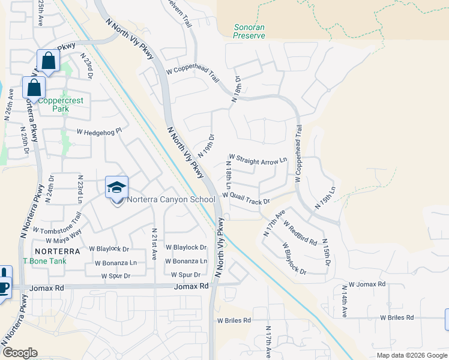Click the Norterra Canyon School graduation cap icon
click(117, 187)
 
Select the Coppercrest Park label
click(61, 105)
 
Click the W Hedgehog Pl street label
click(99, 130)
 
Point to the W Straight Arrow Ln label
click(258, 160)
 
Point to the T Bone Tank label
click(45, 261)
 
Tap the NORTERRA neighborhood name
click(56, 250)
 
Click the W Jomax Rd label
click(367, 284)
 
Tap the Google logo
click(20, 352)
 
